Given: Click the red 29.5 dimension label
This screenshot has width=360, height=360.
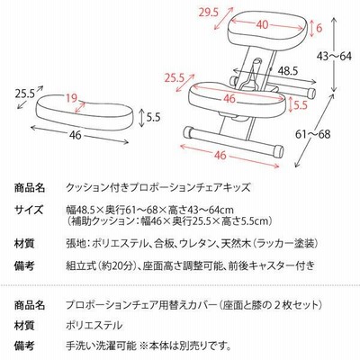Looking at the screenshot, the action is [209, 13].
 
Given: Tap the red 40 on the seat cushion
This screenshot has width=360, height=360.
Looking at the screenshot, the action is [262, 25].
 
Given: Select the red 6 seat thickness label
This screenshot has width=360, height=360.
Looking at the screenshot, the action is [319, 28].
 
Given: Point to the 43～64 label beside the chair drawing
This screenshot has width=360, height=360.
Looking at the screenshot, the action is [335, 56].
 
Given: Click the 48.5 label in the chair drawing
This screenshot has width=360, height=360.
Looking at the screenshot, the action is [287, 71].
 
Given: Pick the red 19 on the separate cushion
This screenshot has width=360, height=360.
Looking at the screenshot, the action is [71, 98].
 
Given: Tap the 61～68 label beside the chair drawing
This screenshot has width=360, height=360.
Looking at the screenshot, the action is [312, 134].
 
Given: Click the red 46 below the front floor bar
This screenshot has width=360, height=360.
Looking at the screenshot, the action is [220, 155].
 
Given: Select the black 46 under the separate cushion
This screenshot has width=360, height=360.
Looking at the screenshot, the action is [75, 135].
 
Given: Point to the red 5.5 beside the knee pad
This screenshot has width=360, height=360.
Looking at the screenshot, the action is [301, 104].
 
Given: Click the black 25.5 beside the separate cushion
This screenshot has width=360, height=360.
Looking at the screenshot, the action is [25, 94].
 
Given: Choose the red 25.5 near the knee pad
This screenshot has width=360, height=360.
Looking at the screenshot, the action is [174, 78].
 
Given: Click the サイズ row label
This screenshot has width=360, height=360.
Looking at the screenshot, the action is [29, 210].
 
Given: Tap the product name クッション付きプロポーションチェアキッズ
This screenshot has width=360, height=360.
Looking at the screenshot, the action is [157, 188].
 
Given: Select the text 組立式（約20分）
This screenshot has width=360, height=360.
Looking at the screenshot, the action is [102, 265].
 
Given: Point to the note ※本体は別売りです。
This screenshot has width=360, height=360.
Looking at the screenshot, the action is [185, 346].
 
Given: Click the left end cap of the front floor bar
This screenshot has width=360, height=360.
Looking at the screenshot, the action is [189, 132].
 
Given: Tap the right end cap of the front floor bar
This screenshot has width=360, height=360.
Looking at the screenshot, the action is [278, 151].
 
